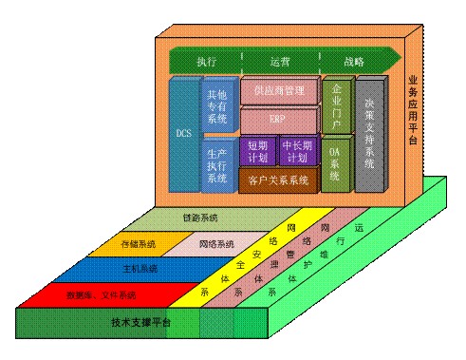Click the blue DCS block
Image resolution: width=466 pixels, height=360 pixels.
point(184,134)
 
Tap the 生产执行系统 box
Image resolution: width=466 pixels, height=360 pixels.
point(216,163)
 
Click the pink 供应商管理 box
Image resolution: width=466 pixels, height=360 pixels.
point(279,91)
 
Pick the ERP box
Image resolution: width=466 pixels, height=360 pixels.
point(277,121)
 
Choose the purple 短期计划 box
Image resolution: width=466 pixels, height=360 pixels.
point(257,151)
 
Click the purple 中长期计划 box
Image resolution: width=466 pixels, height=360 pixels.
point(297,151)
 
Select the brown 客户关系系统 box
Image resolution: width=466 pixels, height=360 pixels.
point(277,179)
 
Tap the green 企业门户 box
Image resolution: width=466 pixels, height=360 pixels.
point(335,105)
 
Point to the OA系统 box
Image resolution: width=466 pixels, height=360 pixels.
point(334,162)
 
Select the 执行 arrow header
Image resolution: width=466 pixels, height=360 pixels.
point(207,62)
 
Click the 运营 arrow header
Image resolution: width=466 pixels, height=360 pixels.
point(280,62)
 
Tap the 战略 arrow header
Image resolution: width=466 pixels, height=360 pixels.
point(353,62)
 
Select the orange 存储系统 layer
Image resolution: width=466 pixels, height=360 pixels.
point(139,244)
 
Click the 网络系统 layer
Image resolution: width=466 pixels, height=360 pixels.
point(218,244)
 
